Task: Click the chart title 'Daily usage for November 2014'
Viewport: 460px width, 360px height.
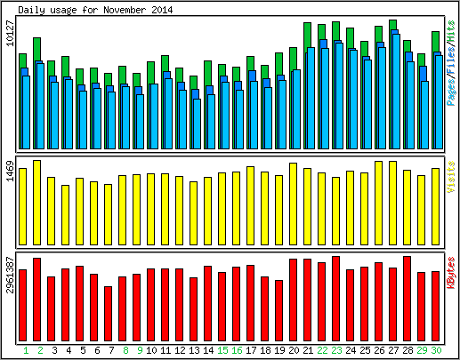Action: coord(95,10)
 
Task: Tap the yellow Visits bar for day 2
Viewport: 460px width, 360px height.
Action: coord(36,203)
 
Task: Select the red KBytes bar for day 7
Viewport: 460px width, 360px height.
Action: coord(108,314)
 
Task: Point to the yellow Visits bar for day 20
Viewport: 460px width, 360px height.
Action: coord(293,204)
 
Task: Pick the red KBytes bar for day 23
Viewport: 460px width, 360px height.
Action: coord(335,299)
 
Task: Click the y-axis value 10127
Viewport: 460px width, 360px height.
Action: coord(10,33)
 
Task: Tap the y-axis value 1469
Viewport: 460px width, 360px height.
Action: coord(10,171)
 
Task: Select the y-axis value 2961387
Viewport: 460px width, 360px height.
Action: coord(10,275)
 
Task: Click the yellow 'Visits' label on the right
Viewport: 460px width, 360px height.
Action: coord(451,177)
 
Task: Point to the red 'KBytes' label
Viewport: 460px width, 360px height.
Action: coord(451,273)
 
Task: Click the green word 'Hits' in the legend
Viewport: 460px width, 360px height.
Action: coord(451,30)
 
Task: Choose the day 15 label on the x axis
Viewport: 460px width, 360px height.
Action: coord(222,350)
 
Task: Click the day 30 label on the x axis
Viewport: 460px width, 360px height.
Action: coord(436,350)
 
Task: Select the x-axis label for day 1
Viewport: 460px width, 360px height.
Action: coord(26,350)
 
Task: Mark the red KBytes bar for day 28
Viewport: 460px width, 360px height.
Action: coord(407,299)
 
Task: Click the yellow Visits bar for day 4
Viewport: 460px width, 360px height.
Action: coord(65,215)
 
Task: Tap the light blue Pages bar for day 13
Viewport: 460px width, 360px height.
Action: coord(197,124)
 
